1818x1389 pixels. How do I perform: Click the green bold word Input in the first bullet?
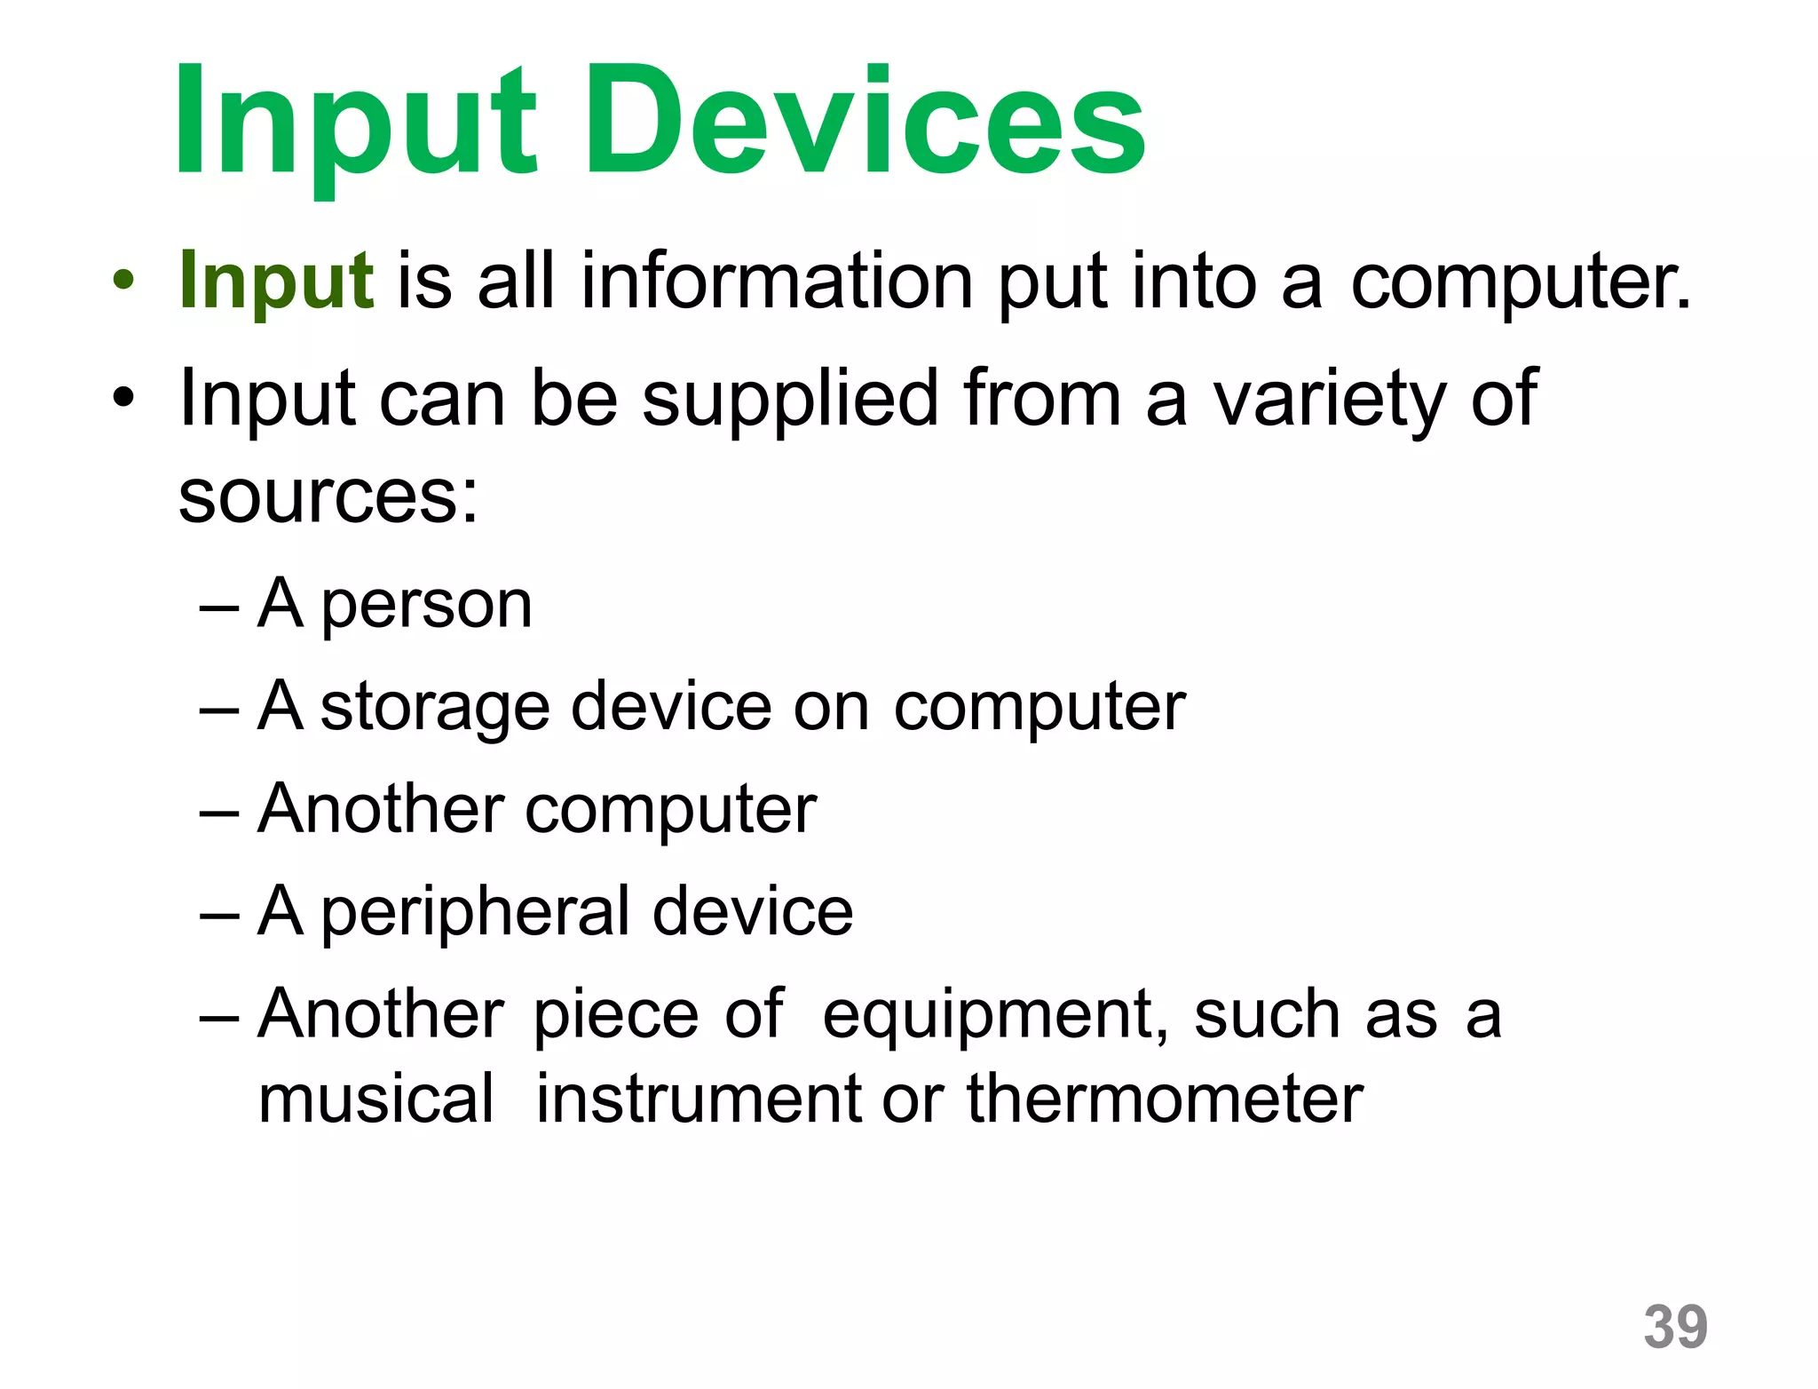(x=275, y=282)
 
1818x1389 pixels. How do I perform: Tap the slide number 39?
(x=1675, y=1327)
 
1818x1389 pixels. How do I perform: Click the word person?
(x=426, y=607)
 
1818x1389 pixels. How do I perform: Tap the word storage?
(x=435, y=709)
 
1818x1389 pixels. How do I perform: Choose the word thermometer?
(x=1165, y=1099)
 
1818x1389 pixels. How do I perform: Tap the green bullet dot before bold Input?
(x=123, y=282)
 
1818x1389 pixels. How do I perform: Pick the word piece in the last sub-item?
(x=616, y=1015)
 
